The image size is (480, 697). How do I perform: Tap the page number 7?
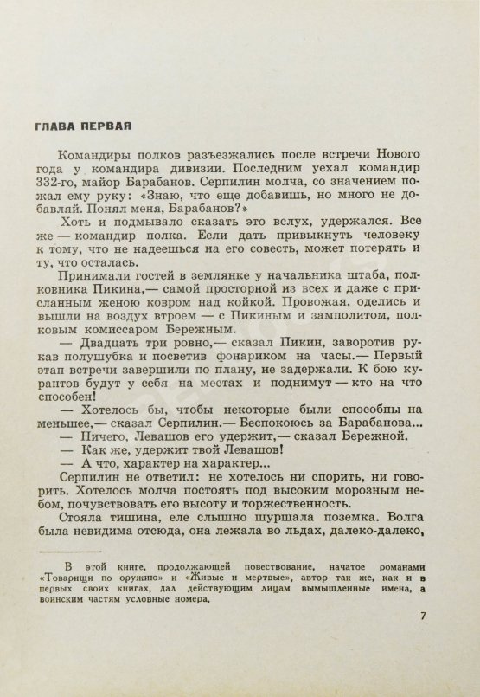tap(422, 639)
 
